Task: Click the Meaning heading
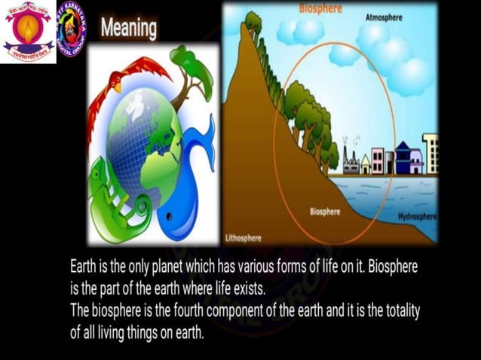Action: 128,28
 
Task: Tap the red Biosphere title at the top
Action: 320,9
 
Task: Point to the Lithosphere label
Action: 244,238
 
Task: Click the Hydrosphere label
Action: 417,217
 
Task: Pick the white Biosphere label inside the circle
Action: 324,212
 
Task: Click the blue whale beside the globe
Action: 188,188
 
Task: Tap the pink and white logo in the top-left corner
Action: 28,31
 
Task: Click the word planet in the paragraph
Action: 191,267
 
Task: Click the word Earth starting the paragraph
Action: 83,267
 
